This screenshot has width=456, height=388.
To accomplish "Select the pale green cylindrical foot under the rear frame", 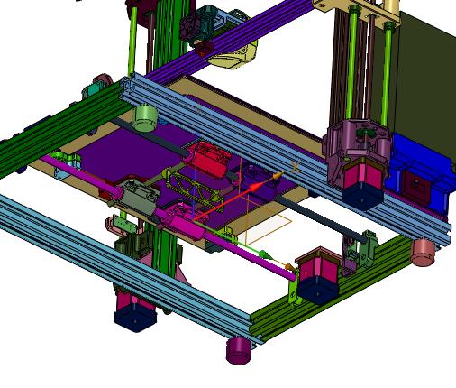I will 145,116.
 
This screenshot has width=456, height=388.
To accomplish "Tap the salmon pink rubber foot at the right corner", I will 424,251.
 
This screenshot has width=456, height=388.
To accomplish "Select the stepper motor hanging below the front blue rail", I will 131,310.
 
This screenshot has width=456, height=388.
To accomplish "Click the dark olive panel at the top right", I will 424,72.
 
